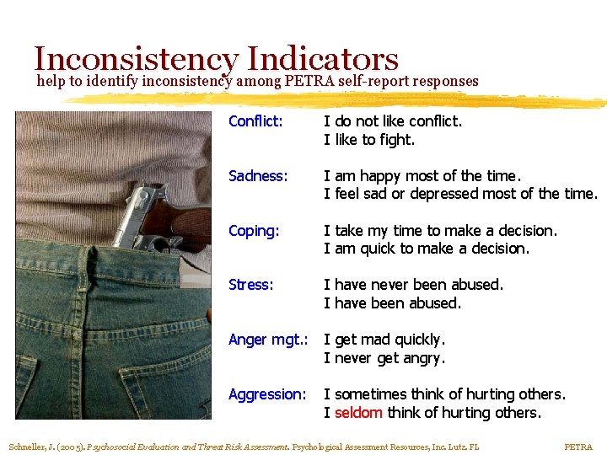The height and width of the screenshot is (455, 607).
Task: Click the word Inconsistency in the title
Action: coord(137,59)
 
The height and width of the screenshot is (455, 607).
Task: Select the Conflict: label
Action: coord(255,121)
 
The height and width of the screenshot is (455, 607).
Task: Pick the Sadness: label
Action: coord(258,176)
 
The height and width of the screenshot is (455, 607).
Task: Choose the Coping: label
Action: coord(254,231)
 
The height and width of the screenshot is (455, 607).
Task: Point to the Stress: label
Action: coord(251,285)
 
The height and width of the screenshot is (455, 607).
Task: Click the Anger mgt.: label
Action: coord(268,340)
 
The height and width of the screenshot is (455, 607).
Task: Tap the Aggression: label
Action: coord(267,394)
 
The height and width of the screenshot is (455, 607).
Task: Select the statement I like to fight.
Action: coord(370,140)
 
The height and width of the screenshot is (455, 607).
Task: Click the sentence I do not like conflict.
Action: coord(394,121)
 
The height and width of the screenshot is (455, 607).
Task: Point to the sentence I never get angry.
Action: coord(384,358)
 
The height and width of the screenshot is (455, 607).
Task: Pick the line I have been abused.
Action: coord(393,303)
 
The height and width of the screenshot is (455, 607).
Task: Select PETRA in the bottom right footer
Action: coord(578,447)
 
